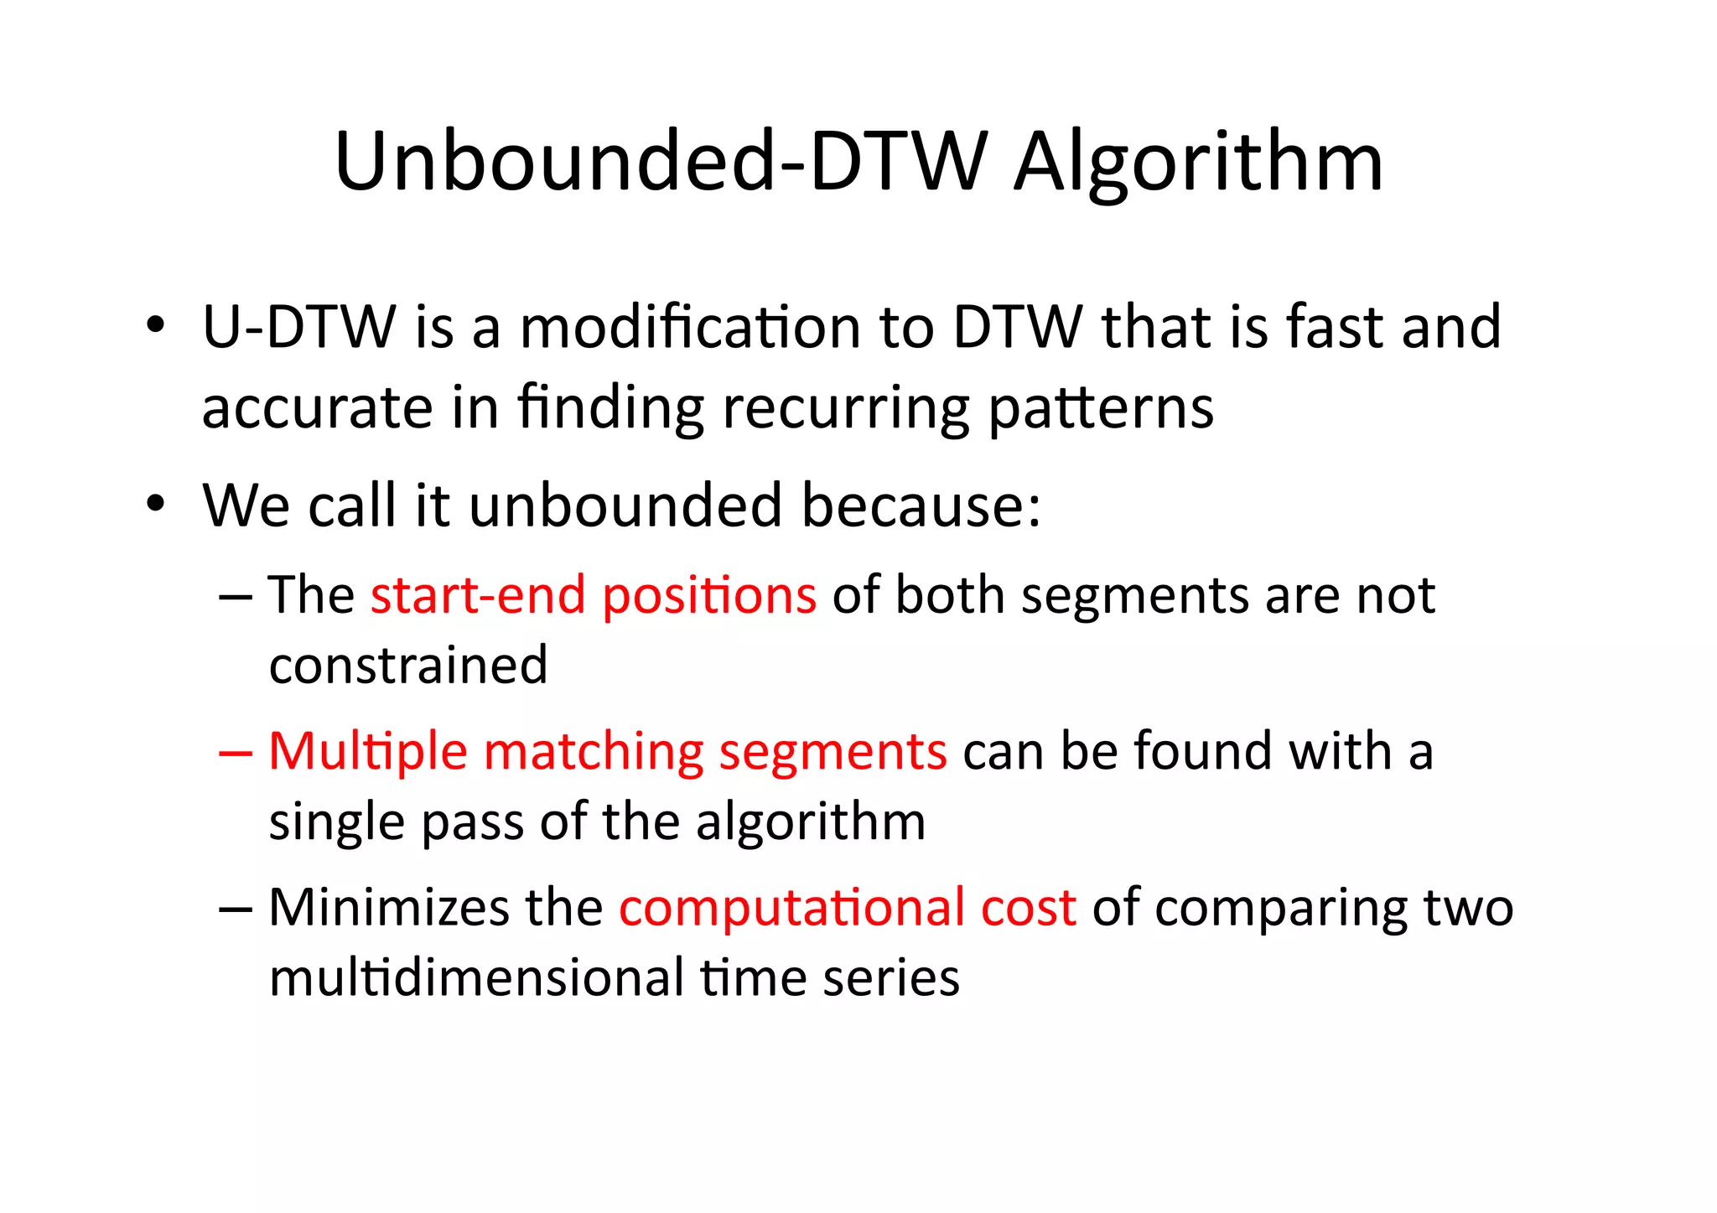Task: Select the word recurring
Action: (845, 407)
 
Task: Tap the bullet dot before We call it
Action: (154, 505)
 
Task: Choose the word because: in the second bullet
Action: (921, 505)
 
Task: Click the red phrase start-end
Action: (478, 595)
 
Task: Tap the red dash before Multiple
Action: (235, 753)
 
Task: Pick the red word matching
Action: (594, 752)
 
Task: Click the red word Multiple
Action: (367, 752)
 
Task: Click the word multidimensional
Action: (476, 978)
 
